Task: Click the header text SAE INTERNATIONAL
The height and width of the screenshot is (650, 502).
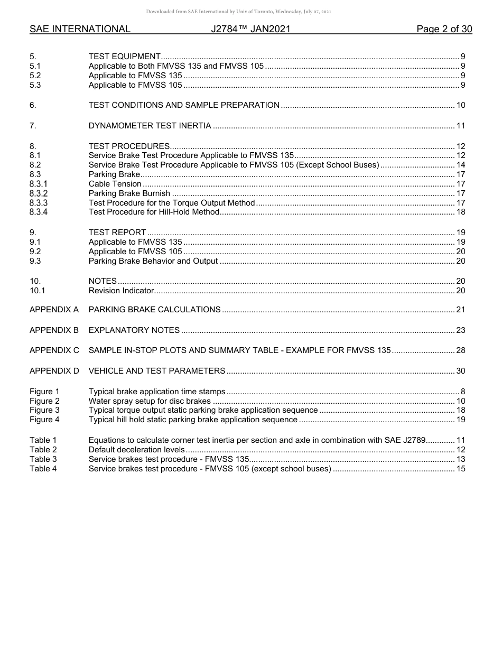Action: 80,29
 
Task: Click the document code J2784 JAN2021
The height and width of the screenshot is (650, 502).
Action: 250,29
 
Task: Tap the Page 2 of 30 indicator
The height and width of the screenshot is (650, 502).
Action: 444,29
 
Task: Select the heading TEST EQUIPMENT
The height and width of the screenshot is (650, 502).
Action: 124,57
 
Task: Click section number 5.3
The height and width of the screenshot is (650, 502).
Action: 35,85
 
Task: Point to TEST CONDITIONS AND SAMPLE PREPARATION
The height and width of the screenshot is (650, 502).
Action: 184,105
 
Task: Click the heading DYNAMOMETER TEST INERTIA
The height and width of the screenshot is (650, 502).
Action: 150,126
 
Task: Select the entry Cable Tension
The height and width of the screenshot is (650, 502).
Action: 115,184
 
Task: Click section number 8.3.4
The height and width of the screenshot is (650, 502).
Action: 39,212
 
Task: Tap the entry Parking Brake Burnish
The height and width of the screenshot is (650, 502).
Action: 129,193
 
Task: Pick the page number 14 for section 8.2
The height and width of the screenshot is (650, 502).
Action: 460,165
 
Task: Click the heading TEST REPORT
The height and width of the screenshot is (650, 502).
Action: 117,233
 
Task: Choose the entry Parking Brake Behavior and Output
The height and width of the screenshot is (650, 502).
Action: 153,261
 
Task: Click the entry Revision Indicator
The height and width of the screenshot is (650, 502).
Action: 121,291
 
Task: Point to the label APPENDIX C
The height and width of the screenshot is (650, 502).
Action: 54,350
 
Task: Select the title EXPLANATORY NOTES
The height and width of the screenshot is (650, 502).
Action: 134,330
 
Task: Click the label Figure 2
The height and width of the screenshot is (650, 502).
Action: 44,401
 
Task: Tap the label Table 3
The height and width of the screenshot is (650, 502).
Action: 43,459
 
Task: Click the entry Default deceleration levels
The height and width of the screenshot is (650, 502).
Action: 136,450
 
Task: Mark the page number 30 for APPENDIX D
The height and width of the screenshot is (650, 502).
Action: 460,371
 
